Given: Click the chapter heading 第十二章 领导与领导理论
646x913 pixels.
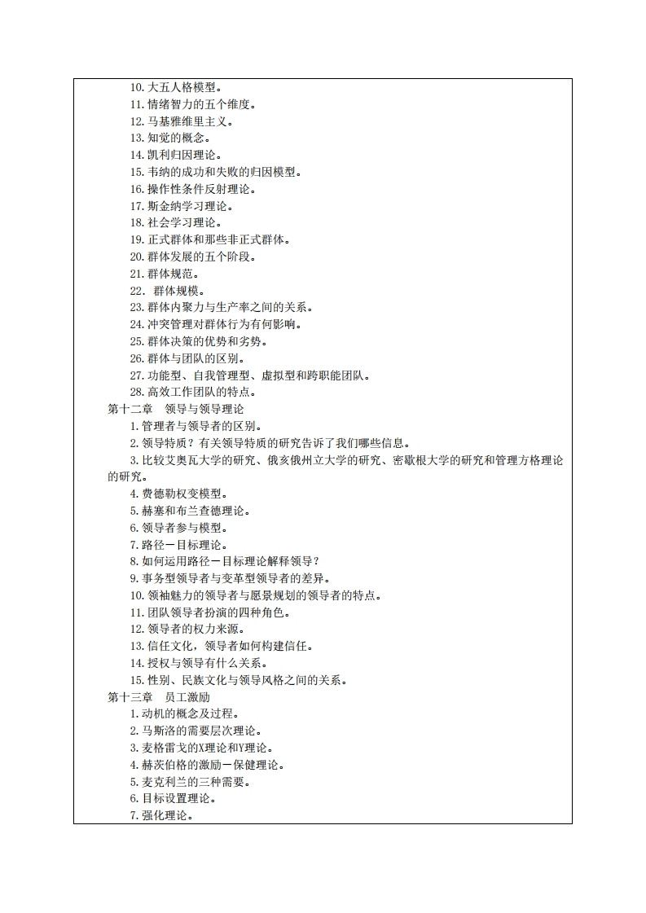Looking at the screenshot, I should click(x=175, y=409).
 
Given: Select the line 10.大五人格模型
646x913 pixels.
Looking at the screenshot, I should click(x=178, y=87).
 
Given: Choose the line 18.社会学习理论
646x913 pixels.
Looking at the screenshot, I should click(x=178, y=222).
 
